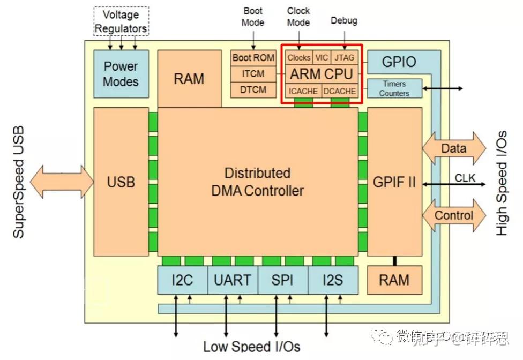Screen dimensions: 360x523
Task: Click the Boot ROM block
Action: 253,57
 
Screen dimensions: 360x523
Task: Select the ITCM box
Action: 253,73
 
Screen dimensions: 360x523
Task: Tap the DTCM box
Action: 253,89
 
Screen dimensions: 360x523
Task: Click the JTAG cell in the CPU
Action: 343,57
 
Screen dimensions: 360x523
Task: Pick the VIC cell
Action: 322,57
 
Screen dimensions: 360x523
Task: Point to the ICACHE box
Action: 303,91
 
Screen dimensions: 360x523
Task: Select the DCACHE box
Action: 339,91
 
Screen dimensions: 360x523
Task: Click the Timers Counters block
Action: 394,88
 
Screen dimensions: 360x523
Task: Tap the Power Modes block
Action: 121,74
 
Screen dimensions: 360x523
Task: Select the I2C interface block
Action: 182,280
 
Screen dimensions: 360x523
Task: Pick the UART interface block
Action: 232,280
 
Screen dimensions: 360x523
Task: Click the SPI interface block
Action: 282,280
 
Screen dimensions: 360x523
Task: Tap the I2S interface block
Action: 332,280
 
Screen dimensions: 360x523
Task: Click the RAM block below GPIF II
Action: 394,280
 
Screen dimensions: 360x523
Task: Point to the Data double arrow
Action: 454,148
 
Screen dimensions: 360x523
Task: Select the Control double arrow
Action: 454,215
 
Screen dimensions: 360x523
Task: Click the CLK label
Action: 465,177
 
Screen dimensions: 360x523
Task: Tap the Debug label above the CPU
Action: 343,21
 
